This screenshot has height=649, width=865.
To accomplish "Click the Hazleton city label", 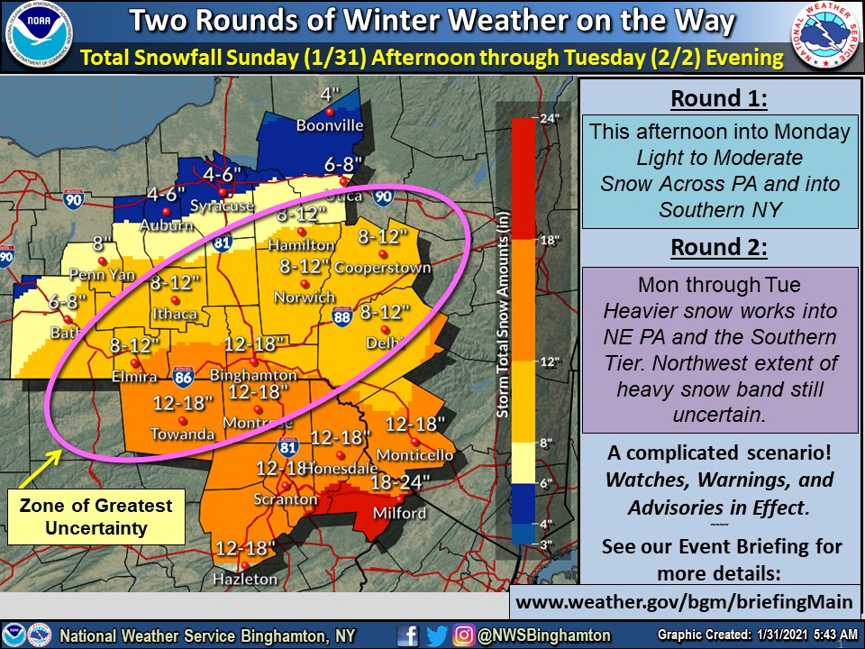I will point(246,579).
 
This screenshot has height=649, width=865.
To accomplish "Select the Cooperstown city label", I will point(382,269).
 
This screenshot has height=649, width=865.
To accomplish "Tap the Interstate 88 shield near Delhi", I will point(341,315).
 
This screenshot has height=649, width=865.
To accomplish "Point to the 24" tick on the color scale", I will point(550,118).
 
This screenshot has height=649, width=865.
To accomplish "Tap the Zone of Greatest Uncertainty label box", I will point(96,517).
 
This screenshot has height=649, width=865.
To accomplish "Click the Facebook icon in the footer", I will point(407,635).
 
